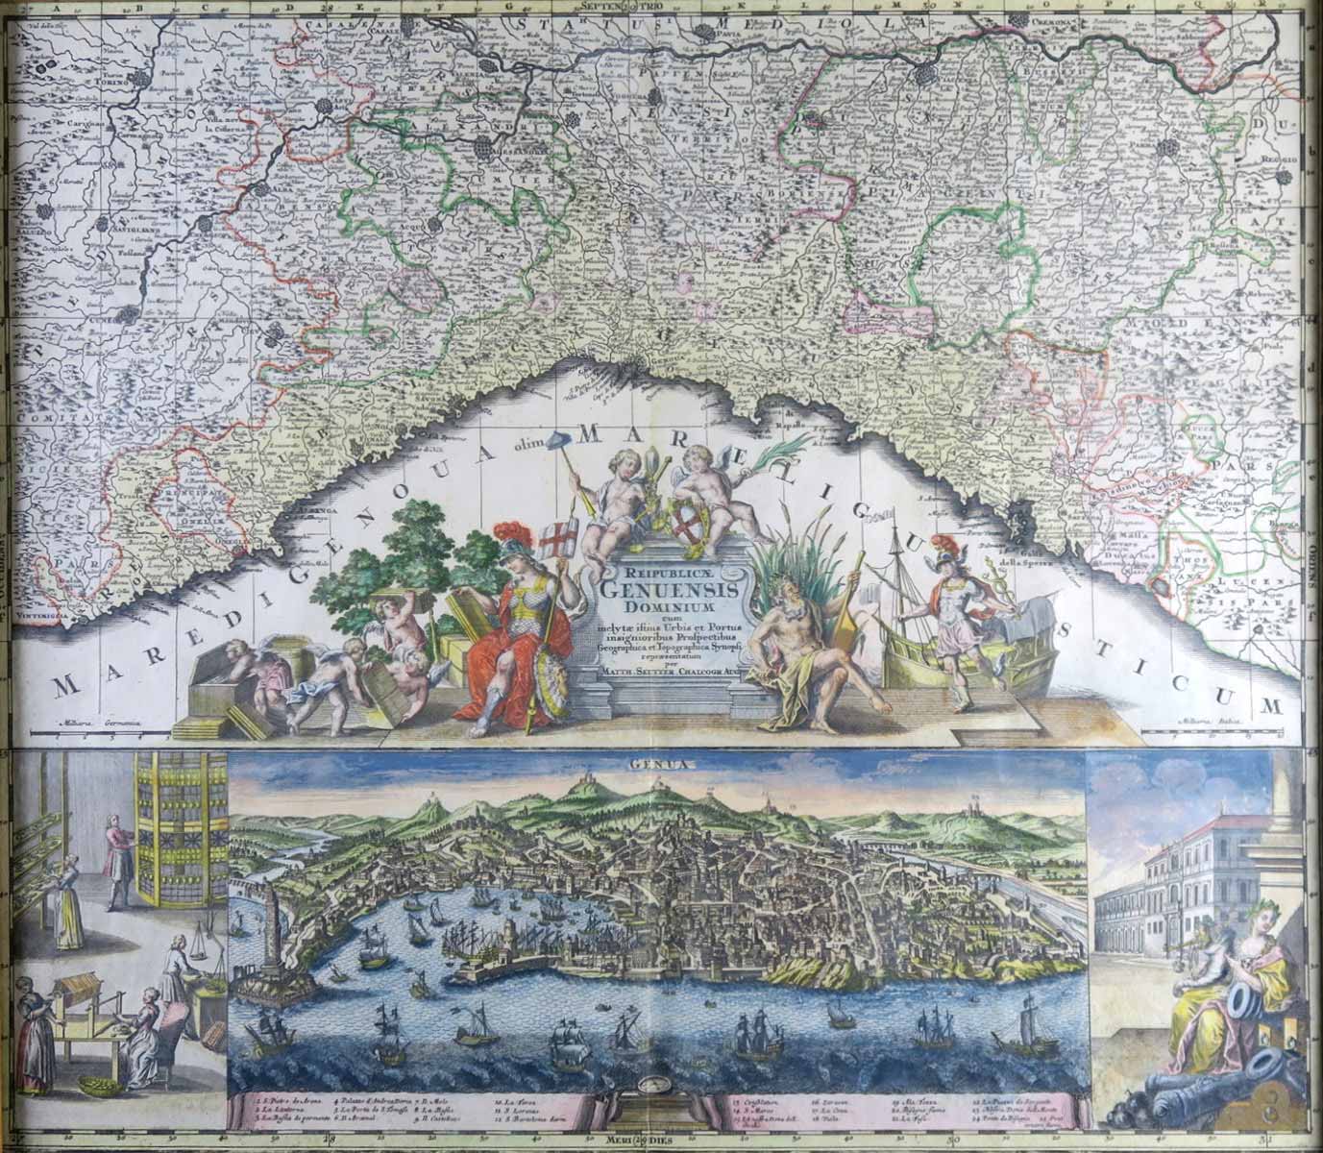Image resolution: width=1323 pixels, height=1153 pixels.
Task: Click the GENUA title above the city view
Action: click(x=659, y=766)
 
